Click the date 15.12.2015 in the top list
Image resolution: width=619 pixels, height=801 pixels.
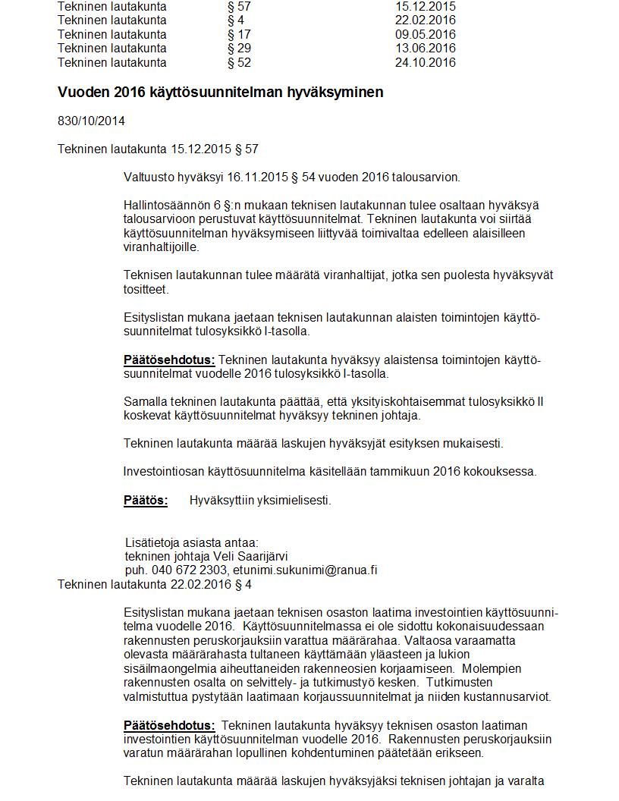[425, 6]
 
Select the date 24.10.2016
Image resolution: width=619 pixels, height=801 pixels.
[425, 62]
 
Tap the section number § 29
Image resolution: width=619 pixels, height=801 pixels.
[239, 49]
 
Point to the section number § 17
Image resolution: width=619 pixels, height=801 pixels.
[239, 34]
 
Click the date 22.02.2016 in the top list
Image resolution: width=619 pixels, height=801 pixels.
[425, 20]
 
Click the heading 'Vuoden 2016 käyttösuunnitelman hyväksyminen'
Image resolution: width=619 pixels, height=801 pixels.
[220, 92]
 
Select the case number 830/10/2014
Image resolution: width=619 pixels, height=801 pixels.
[91, 121]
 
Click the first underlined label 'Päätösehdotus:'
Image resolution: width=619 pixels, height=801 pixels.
[169, 360]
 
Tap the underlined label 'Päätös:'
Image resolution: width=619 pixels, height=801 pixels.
[146, 500]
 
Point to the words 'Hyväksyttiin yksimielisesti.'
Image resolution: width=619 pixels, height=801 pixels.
[260, 500]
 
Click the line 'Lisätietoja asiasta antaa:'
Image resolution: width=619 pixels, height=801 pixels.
[191, 542]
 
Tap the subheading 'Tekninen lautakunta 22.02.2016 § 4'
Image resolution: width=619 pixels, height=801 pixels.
[155, 584]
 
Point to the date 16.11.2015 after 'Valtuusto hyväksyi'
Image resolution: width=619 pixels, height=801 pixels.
[259, 177]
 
